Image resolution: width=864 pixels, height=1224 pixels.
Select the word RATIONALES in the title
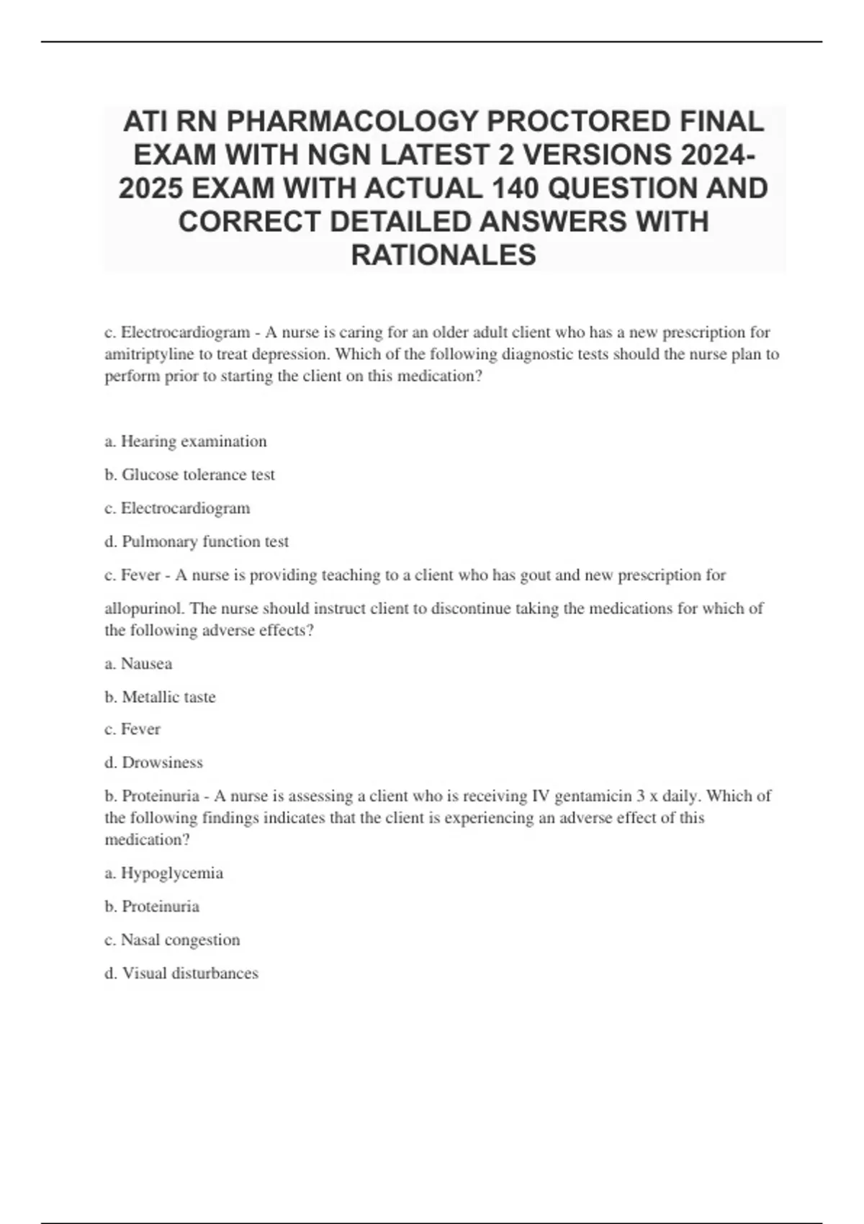[444, 255]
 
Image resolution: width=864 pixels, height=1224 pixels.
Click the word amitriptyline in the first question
[148, 354]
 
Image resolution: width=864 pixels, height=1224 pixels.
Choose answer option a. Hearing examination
[186, 441]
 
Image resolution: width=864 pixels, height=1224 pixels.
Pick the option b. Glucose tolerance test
[190, 474]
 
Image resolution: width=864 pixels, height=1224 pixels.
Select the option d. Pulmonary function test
[197, 541]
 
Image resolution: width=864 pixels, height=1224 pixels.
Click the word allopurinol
[144, 608]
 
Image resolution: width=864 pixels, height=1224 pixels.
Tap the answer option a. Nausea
[138, 664]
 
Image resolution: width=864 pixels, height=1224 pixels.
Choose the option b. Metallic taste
[160, 697]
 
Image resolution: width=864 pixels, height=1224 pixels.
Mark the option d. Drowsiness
[153, 762]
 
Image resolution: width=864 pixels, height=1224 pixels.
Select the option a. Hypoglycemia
[164, 873]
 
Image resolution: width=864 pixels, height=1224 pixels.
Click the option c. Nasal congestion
[172, 940]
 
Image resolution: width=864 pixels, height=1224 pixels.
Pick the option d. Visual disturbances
[181, 973]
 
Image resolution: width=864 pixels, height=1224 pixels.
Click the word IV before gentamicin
[540, 796]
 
